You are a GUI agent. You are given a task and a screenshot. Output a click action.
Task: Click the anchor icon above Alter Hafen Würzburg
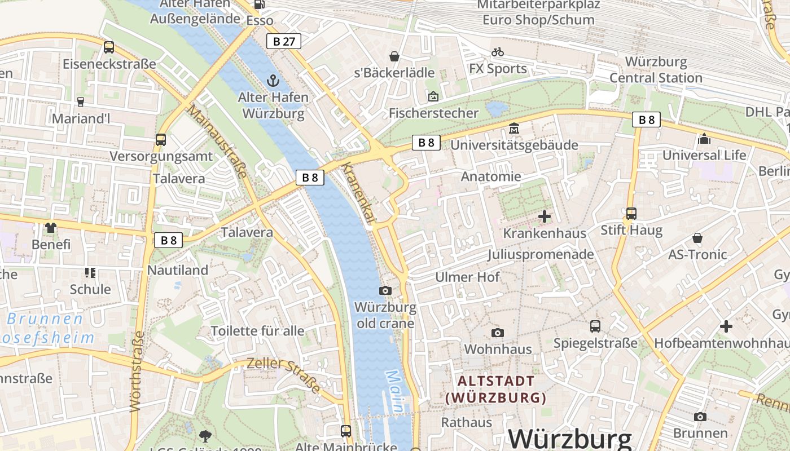pyautogui.click(x=273, y=81)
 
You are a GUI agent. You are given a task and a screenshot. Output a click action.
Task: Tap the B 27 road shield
pyautogui.click(x=284, y=41)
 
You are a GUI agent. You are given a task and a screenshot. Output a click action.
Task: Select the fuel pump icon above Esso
pyautogui.click(x=259, y=5)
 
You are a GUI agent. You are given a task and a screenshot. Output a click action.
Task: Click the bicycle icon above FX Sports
pyautogui.click(x=498, y=52)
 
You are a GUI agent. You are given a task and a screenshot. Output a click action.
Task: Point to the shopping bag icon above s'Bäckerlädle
pyautogui.click(x=394, y=56)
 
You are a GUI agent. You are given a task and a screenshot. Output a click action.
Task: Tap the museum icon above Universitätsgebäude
pyautogui.click(x=513, y=129)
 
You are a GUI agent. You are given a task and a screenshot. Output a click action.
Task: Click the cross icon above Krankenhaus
pyautogui.click(x=545, y=216)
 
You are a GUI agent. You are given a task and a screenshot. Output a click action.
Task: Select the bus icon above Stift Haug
pyautogui.click(x=631, y=214)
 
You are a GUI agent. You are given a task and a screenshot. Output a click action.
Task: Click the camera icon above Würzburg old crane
pyautogui.click(x=385, y=290)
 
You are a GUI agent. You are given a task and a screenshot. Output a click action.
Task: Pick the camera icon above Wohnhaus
pyautogui.click(x=497, y=333)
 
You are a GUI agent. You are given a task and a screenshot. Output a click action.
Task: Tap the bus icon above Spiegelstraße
pyautogui.click(x=595, y=326)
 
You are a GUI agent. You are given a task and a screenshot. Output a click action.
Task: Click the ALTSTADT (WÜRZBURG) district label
pyautogui.click(x=496, y=390)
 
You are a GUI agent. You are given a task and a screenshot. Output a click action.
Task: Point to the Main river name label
pyautogui.click(x=396, y=390)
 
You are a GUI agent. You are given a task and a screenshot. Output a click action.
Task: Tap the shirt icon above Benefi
pyautogui.click(x=51, y=228)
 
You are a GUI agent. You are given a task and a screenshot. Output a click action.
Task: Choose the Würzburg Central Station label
pyautogui.click(x=656, y=69)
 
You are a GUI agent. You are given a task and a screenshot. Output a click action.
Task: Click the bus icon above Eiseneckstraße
pyautogui.click(x=109, y=47)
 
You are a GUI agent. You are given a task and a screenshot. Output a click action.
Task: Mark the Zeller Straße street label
pyautogui.click(x=284, y=374)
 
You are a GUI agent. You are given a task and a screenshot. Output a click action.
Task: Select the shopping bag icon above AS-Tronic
pyautogui.click(x=697, y=238)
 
